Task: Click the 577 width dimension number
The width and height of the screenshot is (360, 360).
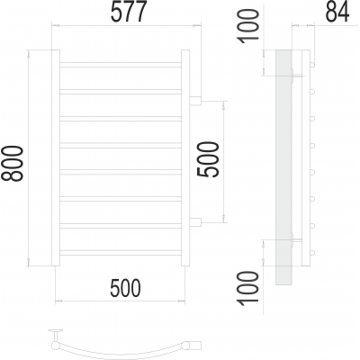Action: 129,12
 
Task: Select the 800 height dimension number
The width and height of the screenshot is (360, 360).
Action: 13,164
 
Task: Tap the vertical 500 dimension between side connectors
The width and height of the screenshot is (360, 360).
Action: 208,159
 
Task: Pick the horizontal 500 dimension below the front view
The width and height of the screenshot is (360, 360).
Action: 125,288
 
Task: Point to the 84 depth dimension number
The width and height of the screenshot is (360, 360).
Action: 337,13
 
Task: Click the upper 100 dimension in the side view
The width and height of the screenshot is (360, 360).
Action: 247,26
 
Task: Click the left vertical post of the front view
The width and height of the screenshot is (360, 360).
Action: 56,157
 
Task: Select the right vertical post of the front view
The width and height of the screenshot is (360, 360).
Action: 185,157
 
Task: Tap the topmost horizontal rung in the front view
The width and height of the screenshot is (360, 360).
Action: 121,65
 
